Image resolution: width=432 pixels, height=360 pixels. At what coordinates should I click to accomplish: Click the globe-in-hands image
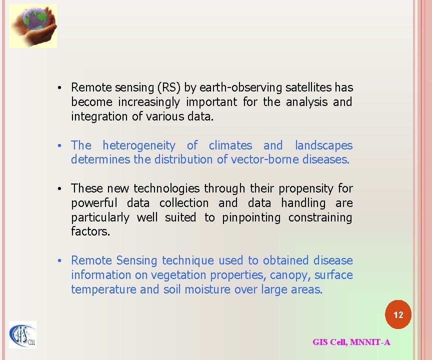tap(33, 26)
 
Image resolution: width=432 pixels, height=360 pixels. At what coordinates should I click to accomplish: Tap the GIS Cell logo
tap(22, 334)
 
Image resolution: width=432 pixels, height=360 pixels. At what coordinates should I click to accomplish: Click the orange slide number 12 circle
tap(398, 315)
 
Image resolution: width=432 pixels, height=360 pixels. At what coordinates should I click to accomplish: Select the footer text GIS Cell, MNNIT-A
tap(351, 342)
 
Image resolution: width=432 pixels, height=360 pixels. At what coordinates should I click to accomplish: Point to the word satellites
tap(308, 87)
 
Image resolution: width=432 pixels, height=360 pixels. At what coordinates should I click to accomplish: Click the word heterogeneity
tap(139, 145)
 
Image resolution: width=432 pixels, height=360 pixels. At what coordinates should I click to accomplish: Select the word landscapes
tap(323, 145)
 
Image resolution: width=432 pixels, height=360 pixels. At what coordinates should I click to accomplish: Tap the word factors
tap(90, 232)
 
